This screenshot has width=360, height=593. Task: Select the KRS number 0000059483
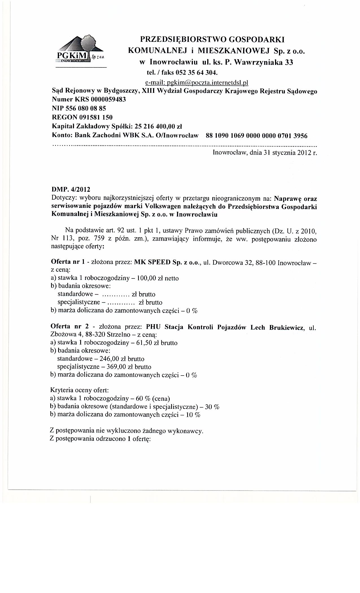coord(108,100)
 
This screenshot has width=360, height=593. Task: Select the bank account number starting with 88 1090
coord(257,136)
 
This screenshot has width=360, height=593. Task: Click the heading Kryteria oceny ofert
coord(79,391)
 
